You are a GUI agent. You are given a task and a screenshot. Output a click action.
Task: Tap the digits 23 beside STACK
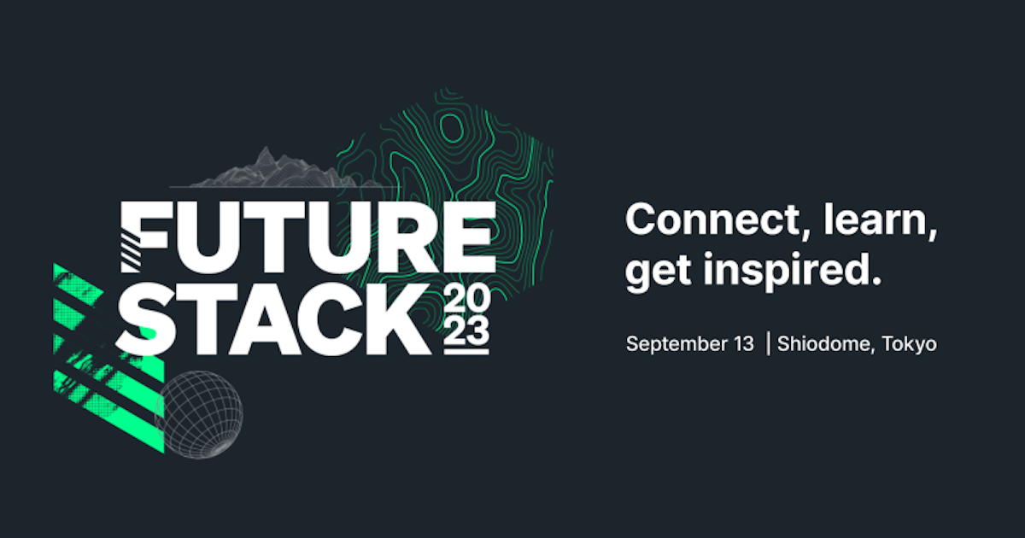click(467, 331)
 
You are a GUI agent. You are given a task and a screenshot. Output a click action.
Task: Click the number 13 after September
click(741, 344)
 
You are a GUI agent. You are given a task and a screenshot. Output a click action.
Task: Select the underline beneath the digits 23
click(467, 351)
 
